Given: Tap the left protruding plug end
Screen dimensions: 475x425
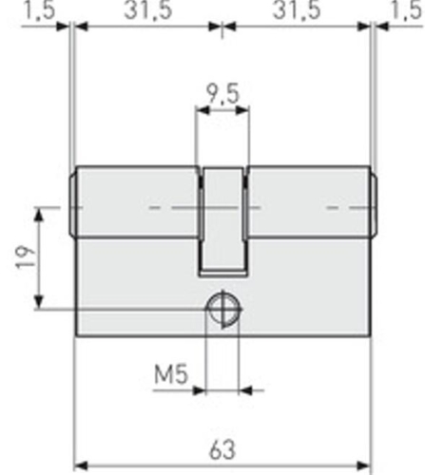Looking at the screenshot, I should pyautogui.click(x=72, y=204).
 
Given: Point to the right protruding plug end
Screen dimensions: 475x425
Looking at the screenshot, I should pyautogui.click(x=373, y=204).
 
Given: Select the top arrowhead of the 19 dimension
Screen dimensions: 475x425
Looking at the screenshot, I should pyautogui.click(x=38, y=209).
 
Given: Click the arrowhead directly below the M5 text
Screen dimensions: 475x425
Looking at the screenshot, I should pyautogui.click(x=199, y=389).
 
